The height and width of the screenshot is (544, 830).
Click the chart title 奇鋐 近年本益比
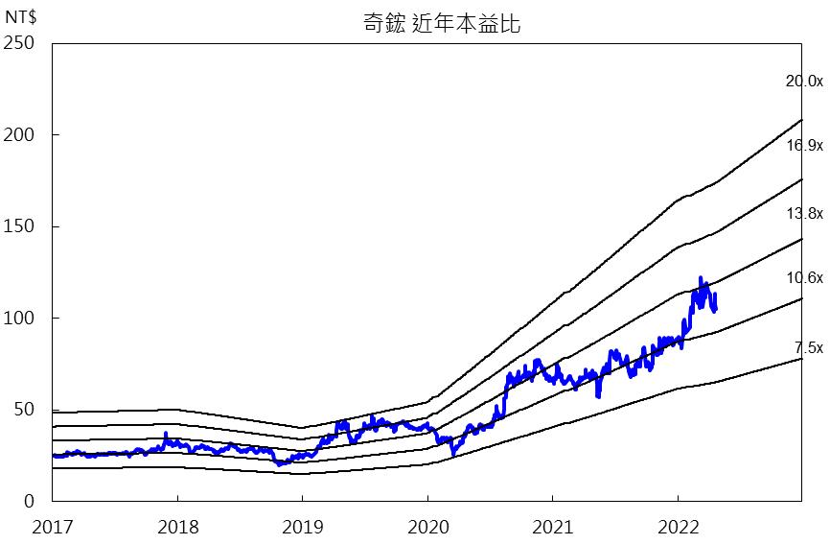point(442,24)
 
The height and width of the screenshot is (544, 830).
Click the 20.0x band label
point(803,82)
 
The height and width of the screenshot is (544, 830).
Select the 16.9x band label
point(803,146)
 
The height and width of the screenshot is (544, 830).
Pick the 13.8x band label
point(803,213)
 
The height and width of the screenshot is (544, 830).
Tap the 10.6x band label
point(803,278)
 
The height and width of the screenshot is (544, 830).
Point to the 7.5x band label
point(808,347)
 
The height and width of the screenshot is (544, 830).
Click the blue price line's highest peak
point(700,278)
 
